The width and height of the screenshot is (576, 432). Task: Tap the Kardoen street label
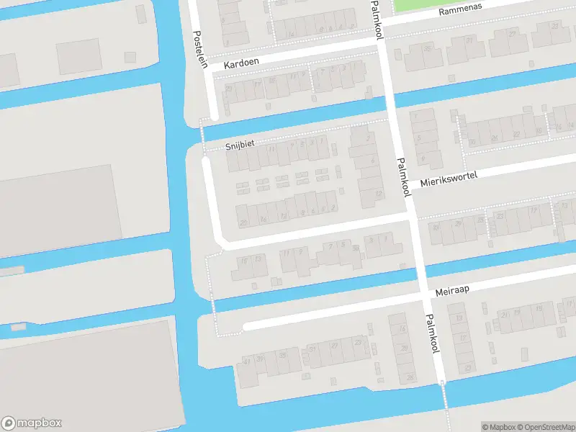241,64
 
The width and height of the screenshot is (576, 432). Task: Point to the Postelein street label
202,51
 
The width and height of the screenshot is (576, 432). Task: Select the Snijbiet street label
240,144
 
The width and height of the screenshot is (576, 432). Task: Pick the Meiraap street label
452,289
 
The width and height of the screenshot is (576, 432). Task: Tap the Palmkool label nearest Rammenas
377,19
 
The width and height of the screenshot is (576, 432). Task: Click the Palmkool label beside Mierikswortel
403,177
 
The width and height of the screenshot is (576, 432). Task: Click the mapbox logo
32,423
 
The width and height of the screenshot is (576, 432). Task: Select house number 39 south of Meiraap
259,359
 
